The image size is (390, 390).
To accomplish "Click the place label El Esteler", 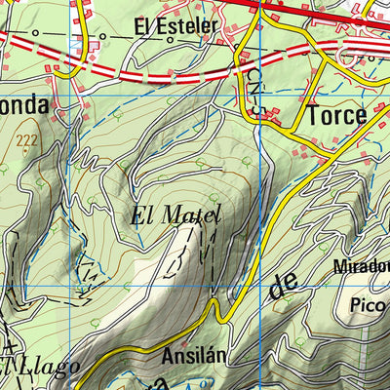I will (x=175, y=27).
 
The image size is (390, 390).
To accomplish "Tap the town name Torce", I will (x=336, y=115).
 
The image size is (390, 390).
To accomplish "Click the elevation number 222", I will (x=26, y=142).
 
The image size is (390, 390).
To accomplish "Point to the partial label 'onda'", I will (x=22, y=103).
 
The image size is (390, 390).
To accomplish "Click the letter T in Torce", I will (x=312, y=115).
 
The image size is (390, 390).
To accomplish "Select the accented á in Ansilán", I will (x=213, y=356).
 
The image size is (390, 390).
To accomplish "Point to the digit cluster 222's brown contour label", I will (x=26, y=142).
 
